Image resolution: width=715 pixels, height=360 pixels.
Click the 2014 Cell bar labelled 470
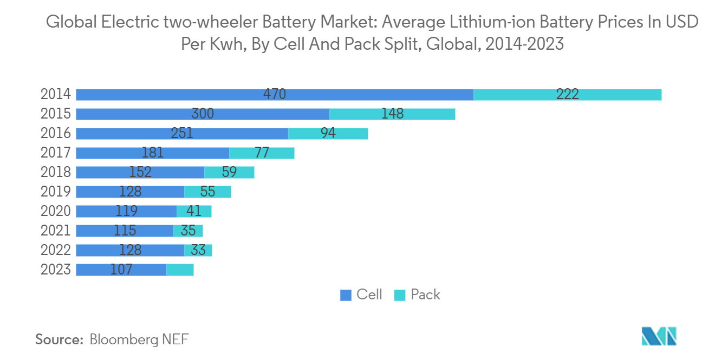coord(275,94)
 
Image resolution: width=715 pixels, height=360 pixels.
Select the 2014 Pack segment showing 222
coord(567,94)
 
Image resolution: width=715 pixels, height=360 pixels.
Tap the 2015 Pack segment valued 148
coord(392,114)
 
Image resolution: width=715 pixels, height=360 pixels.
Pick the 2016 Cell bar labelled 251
coord(182,133)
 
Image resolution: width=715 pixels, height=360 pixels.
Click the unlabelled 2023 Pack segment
coord(180,270)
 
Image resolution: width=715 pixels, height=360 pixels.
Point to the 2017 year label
coord(56,153)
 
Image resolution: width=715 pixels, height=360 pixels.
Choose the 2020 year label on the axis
coord(56,211)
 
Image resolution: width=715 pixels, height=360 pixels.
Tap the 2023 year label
coord(56,270)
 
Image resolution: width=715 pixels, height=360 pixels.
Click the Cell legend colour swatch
coord(346,295)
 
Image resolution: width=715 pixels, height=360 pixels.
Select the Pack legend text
coord(425,294)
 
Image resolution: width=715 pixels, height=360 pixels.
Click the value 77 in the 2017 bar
coord(262,153)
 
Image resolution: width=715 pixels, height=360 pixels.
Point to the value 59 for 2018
coord(229,172)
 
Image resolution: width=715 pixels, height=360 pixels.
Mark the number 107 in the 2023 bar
coord(121,270)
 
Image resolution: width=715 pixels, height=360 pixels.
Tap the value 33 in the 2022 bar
coord(198,250)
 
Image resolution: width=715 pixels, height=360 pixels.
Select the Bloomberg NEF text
coord(139,339)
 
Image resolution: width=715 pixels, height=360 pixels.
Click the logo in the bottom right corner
coord(659,336)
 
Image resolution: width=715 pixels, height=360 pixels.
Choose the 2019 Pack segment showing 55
coord(207,192)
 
